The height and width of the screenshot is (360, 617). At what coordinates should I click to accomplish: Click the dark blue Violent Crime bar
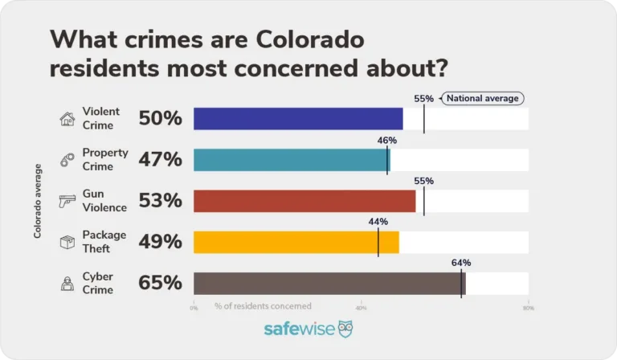tap(297, 119)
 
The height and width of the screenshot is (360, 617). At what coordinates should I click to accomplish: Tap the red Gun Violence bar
tap(304, 201)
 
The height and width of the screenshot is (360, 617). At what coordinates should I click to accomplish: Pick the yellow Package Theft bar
tap(296, 242)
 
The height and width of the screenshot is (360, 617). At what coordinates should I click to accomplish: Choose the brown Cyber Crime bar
tap(329, 283)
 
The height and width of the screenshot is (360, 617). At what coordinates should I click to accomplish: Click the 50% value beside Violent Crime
tap(160, 119)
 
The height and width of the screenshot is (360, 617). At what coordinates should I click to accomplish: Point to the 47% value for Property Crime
tap(160, 160)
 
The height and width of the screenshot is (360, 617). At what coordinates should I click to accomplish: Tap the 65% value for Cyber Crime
tap(160, 283)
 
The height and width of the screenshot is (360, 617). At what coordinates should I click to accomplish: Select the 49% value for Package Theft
tap(160, 242)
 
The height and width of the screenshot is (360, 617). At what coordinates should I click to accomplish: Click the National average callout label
tap(483, 99)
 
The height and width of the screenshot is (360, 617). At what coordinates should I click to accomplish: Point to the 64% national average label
tap(461, 263)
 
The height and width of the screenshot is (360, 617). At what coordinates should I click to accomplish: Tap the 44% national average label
tap(378, 222)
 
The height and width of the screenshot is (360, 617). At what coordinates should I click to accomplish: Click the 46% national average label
tap(387, 140)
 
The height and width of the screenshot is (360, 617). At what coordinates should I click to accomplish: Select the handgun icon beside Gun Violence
tap(67, 202)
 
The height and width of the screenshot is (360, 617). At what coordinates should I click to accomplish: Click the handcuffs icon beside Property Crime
tap(67, 161)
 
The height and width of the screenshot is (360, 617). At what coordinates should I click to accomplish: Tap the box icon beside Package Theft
tap(67, 242)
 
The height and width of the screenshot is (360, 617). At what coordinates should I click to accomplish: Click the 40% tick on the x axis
tap(361, 307)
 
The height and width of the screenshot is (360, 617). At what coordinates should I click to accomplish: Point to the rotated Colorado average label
tap(37, 201)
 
